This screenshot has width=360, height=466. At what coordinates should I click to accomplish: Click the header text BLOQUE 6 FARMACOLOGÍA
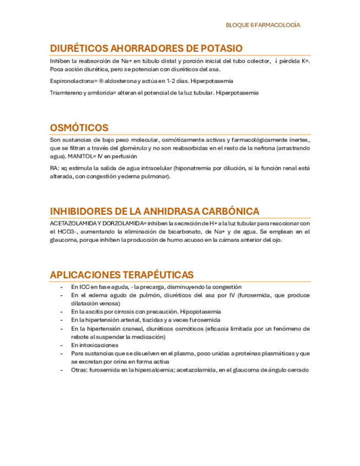coord(263,25)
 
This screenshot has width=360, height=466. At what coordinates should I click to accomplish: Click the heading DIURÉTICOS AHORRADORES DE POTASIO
coord(146,49)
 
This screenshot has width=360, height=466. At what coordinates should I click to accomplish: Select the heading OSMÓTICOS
coord(79,128)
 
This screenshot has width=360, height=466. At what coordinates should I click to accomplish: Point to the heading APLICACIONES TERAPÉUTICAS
coord(121,274)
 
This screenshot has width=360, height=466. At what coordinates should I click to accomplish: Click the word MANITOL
coord(81,156)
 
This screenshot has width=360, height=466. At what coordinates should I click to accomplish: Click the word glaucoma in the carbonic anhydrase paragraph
coord(64,240)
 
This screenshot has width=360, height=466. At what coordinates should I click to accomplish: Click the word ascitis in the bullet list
coord(95,312)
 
